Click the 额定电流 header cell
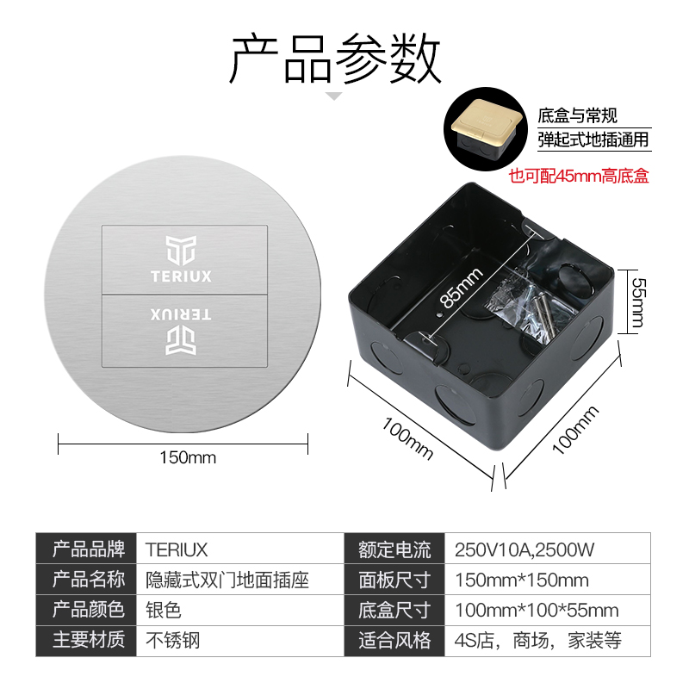[x=394, y=549]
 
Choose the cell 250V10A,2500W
[x=525, y=549]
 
